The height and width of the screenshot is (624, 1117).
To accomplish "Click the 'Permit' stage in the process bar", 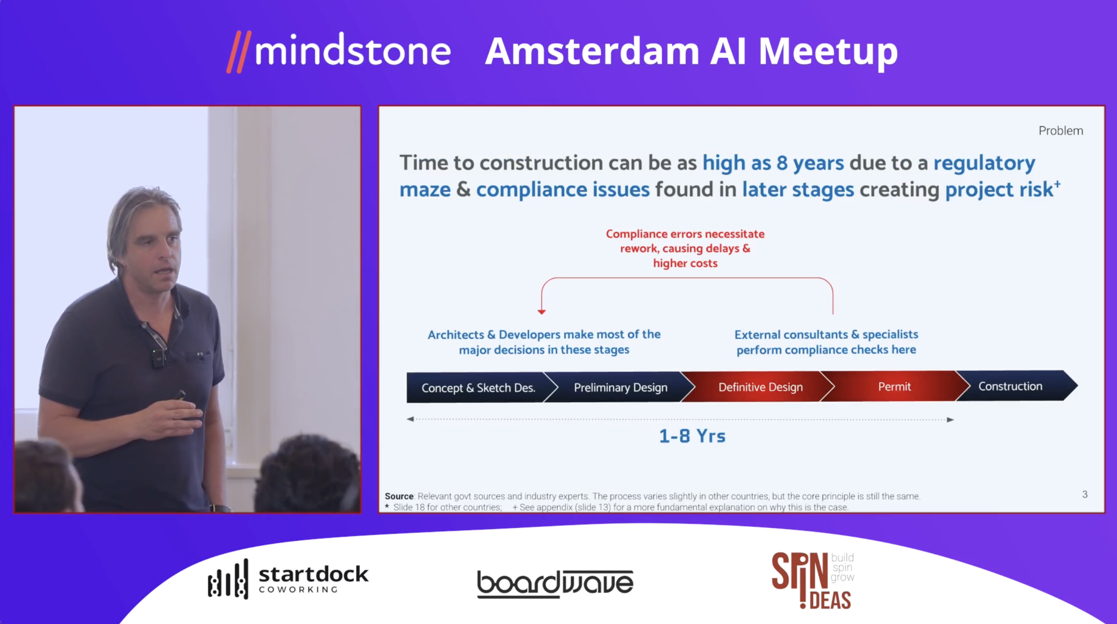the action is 894,386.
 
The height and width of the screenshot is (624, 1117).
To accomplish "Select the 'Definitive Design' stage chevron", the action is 760,386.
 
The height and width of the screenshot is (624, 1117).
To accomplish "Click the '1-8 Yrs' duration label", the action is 692,436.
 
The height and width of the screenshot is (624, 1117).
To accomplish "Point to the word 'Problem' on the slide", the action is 1061,130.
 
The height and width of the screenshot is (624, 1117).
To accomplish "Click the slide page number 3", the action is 1085,494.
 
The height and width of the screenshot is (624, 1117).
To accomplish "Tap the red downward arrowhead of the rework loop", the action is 542,312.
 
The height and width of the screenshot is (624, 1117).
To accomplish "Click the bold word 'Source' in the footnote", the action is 399,496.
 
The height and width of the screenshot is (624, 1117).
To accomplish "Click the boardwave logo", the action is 555,583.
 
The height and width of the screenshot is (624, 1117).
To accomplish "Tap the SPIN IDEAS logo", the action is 813,580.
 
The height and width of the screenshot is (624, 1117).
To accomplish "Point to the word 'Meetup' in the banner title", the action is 828,51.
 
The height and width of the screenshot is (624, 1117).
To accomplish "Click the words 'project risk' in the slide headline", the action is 999,189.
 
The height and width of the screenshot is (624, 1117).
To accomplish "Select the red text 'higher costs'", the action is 685,263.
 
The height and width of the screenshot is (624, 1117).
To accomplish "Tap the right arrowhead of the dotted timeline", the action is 950,419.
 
